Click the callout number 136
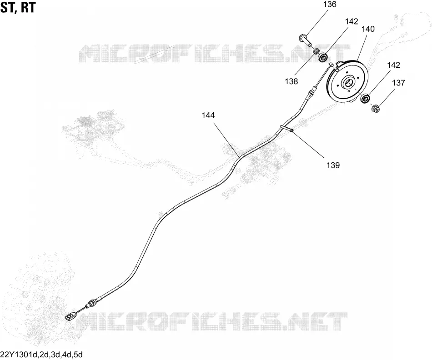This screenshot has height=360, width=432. [x=330, y=5]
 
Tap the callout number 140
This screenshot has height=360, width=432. [x=368, y=29]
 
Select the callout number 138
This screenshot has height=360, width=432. [x=291, y=81]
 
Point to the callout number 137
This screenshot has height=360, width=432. [x=399, y=83]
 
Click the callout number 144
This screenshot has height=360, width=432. [x=208, y=115]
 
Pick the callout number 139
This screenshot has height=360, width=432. [x=333, y=165]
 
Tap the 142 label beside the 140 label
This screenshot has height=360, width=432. [x=352, y=21]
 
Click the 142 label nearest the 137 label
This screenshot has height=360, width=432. [x=393, y=65]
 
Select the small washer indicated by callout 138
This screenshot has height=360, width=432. [x=316, y=51]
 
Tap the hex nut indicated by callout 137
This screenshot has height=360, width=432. [x=376, y=108]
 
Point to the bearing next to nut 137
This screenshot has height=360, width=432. [x=365, y=98]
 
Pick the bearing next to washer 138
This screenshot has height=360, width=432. [x=323, y=57]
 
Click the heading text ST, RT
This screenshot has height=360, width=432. [x=18, y=8]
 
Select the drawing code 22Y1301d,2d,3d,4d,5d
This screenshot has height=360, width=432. [x=41, y=354]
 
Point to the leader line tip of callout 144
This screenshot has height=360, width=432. [x=239, y=157]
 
